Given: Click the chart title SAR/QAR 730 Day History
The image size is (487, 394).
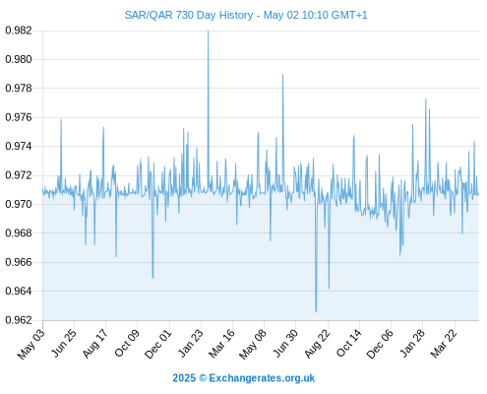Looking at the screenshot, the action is coord(189,15).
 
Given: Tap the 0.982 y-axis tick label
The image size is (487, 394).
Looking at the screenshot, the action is coord(19,31).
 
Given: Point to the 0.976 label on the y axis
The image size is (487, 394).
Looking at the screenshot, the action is coord(19,117).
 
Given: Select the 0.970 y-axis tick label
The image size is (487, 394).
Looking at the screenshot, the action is coord(19,204).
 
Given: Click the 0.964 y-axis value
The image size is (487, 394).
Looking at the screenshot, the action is coord(19,291).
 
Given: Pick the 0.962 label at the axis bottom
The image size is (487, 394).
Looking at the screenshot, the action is coord(19,320).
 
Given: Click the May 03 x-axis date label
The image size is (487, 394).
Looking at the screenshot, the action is coord(31,344).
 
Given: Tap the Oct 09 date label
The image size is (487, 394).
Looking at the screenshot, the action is coord(127,343).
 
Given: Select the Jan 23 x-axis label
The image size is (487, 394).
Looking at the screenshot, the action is coord(191,343).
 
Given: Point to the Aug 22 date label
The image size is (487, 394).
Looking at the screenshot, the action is coord(317,344).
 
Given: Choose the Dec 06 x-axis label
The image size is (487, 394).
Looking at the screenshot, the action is coord(380,344).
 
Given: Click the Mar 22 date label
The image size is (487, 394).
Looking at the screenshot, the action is coord(444,344).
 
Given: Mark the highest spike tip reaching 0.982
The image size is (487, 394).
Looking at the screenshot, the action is coord(208,32).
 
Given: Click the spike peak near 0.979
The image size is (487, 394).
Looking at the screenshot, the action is coord(282,75).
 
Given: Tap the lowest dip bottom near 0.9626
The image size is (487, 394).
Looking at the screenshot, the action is coord(316,311).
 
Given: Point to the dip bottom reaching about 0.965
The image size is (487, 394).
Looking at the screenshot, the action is coord(152,278).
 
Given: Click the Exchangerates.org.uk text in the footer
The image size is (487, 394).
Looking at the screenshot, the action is coord(262,378).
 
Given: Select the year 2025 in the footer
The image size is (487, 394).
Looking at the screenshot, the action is coord(184,378).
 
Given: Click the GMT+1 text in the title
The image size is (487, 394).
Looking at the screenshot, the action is coord(349,15).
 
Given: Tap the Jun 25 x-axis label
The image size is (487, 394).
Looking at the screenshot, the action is coord(63,344).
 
